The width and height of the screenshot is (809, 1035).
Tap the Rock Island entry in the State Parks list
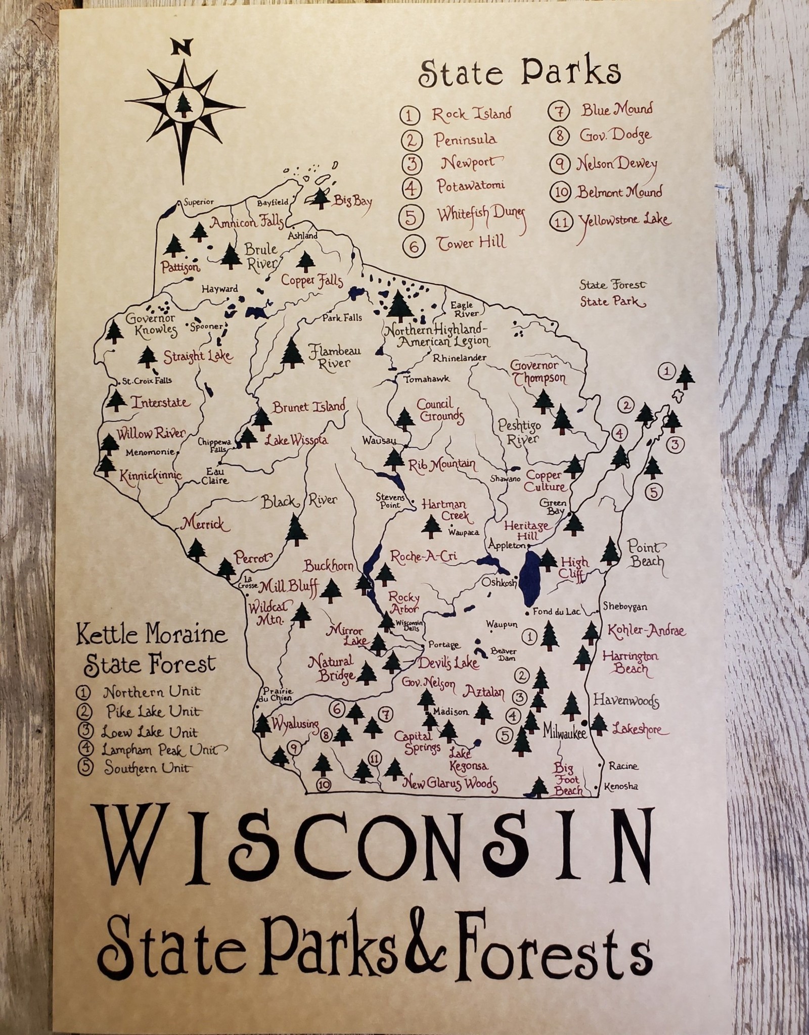(x=471, y=114)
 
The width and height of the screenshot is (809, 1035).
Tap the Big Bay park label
(x=352, y=202)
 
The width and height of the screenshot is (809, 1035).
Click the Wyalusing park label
(x=295, y=724)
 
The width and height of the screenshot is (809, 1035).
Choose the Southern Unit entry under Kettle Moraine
(x=147, y=769)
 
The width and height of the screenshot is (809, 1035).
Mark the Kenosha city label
(x=623, y=787)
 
